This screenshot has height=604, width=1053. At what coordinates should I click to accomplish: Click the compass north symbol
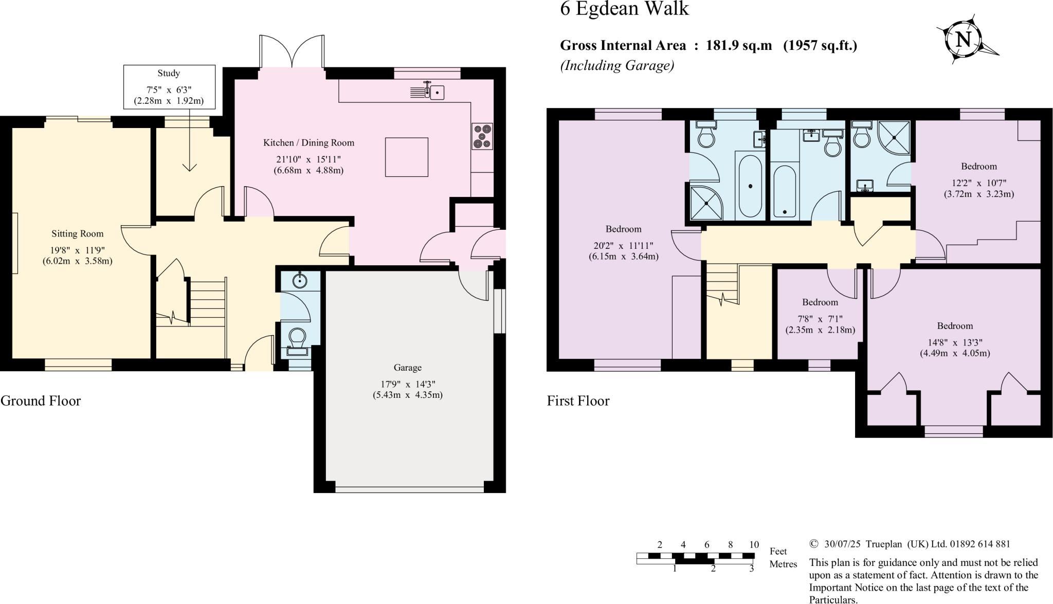coord(963,40)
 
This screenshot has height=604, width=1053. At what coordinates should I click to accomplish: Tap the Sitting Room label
coord(77,234)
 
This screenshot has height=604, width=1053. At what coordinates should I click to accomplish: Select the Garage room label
coord(407,368)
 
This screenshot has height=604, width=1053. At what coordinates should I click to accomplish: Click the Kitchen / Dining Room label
coord(308,143)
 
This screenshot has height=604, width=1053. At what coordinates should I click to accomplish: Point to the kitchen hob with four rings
coord(482,136)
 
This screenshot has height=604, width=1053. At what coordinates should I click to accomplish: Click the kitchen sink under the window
coord(437,93)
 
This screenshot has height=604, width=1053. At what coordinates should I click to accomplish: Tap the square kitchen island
coord(406,157)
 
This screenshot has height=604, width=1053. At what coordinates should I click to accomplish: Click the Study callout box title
coord(169,74)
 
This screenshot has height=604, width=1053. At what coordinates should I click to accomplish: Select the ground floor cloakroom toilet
coord(297,339)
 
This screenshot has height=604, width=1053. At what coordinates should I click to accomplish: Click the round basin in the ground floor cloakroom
coord(300,281)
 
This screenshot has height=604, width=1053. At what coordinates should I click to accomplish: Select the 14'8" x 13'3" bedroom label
coord(955,326)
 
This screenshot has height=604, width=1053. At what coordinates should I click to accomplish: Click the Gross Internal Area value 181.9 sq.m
coord(739,45)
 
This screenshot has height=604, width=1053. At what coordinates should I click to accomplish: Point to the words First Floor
coord(578,401)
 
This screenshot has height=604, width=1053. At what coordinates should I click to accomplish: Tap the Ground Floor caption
coord(41,401)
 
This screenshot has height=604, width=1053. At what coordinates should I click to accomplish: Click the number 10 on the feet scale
coord(754,545)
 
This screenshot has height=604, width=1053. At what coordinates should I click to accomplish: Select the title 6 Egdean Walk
coord(624,9)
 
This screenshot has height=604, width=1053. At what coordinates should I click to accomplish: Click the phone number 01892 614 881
coord(980,544)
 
